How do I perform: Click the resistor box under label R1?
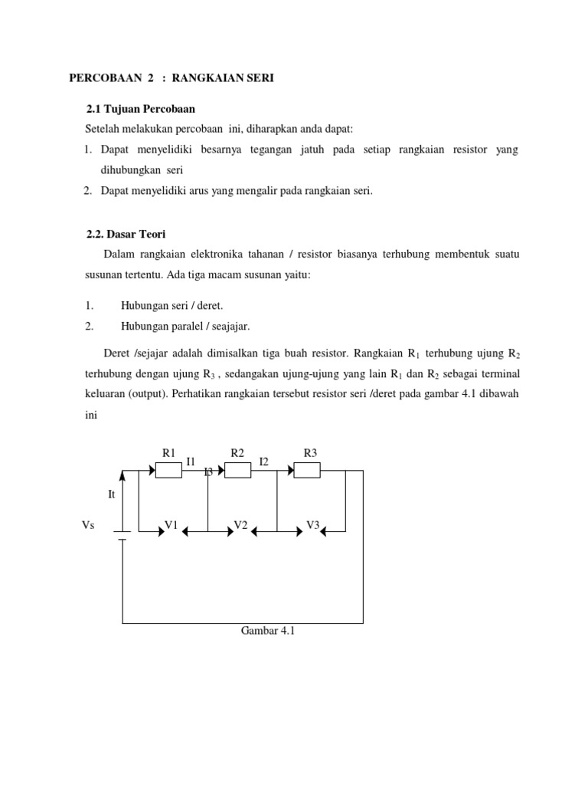168,470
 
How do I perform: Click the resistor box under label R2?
237,470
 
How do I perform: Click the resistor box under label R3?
307,470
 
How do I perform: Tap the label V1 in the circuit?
171,525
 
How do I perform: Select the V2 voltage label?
240,525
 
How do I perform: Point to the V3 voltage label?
312,525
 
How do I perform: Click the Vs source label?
88,526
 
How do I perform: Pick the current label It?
112,494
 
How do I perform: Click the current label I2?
264,461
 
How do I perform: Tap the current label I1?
191,461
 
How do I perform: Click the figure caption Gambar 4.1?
267,632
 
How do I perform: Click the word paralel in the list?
185,326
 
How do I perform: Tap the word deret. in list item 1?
208,305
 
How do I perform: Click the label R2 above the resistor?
237,453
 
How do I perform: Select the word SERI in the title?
258,79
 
